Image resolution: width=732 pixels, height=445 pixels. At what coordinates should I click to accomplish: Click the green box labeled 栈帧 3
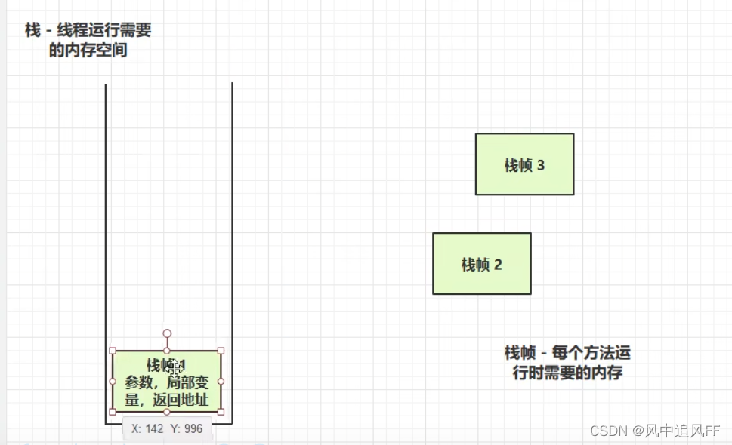click(x=524, y=164)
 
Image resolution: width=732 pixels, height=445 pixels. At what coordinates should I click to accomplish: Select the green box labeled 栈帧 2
click(x=481, y=263)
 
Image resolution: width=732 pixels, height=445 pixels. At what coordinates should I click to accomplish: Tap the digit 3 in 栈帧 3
click(x=540, y=166)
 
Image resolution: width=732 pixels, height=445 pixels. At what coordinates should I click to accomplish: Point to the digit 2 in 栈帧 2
click(x=498, y=265)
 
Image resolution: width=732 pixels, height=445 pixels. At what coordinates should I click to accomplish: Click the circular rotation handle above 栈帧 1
click(x=167, y=333)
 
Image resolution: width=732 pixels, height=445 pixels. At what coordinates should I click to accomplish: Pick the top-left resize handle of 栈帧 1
click(x=113, y=351)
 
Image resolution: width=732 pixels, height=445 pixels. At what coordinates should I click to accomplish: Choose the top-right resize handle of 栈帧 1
click(x=221, y=351)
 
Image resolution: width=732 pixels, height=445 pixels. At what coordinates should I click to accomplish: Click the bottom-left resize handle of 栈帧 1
click(x=113, y=412)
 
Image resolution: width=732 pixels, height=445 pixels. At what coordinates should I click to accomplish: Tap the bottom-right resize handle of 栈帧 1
click(x=221, y=412)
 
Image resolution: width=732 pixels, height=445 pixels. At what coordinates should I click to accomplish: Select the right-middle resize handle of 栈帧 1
click(x=221, y=381)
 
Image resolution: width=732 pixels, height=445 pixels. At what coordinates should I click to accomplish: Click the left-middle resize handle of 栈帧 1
click(x=113, y=381)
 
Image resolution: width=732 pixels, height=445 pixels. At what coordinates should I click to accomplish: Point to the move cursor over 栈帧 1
click(x=174, y=367)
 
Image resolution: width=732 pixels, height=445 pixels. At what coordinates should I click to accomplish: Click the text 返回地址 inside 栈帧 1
click(x=183, y=400)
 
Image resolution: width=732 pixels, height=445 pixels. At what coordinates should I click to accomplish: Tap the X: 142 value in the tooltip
click(x=147, y=428)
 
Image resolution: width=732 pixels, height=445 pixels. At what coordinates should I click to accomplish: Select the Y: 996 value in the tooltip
click(x=187, y=428)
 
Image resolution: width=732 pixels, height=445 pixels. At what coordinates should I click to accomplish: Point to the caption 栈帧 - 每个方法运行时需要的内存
click(x=567, y=362)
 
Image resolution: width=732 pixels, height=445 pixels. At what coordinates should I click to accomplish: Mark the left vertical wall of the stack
click(x=106, y=226)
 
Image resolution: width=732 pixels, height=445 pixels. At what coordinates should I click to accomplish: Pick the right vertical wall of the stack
click(x=232, y=226)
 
